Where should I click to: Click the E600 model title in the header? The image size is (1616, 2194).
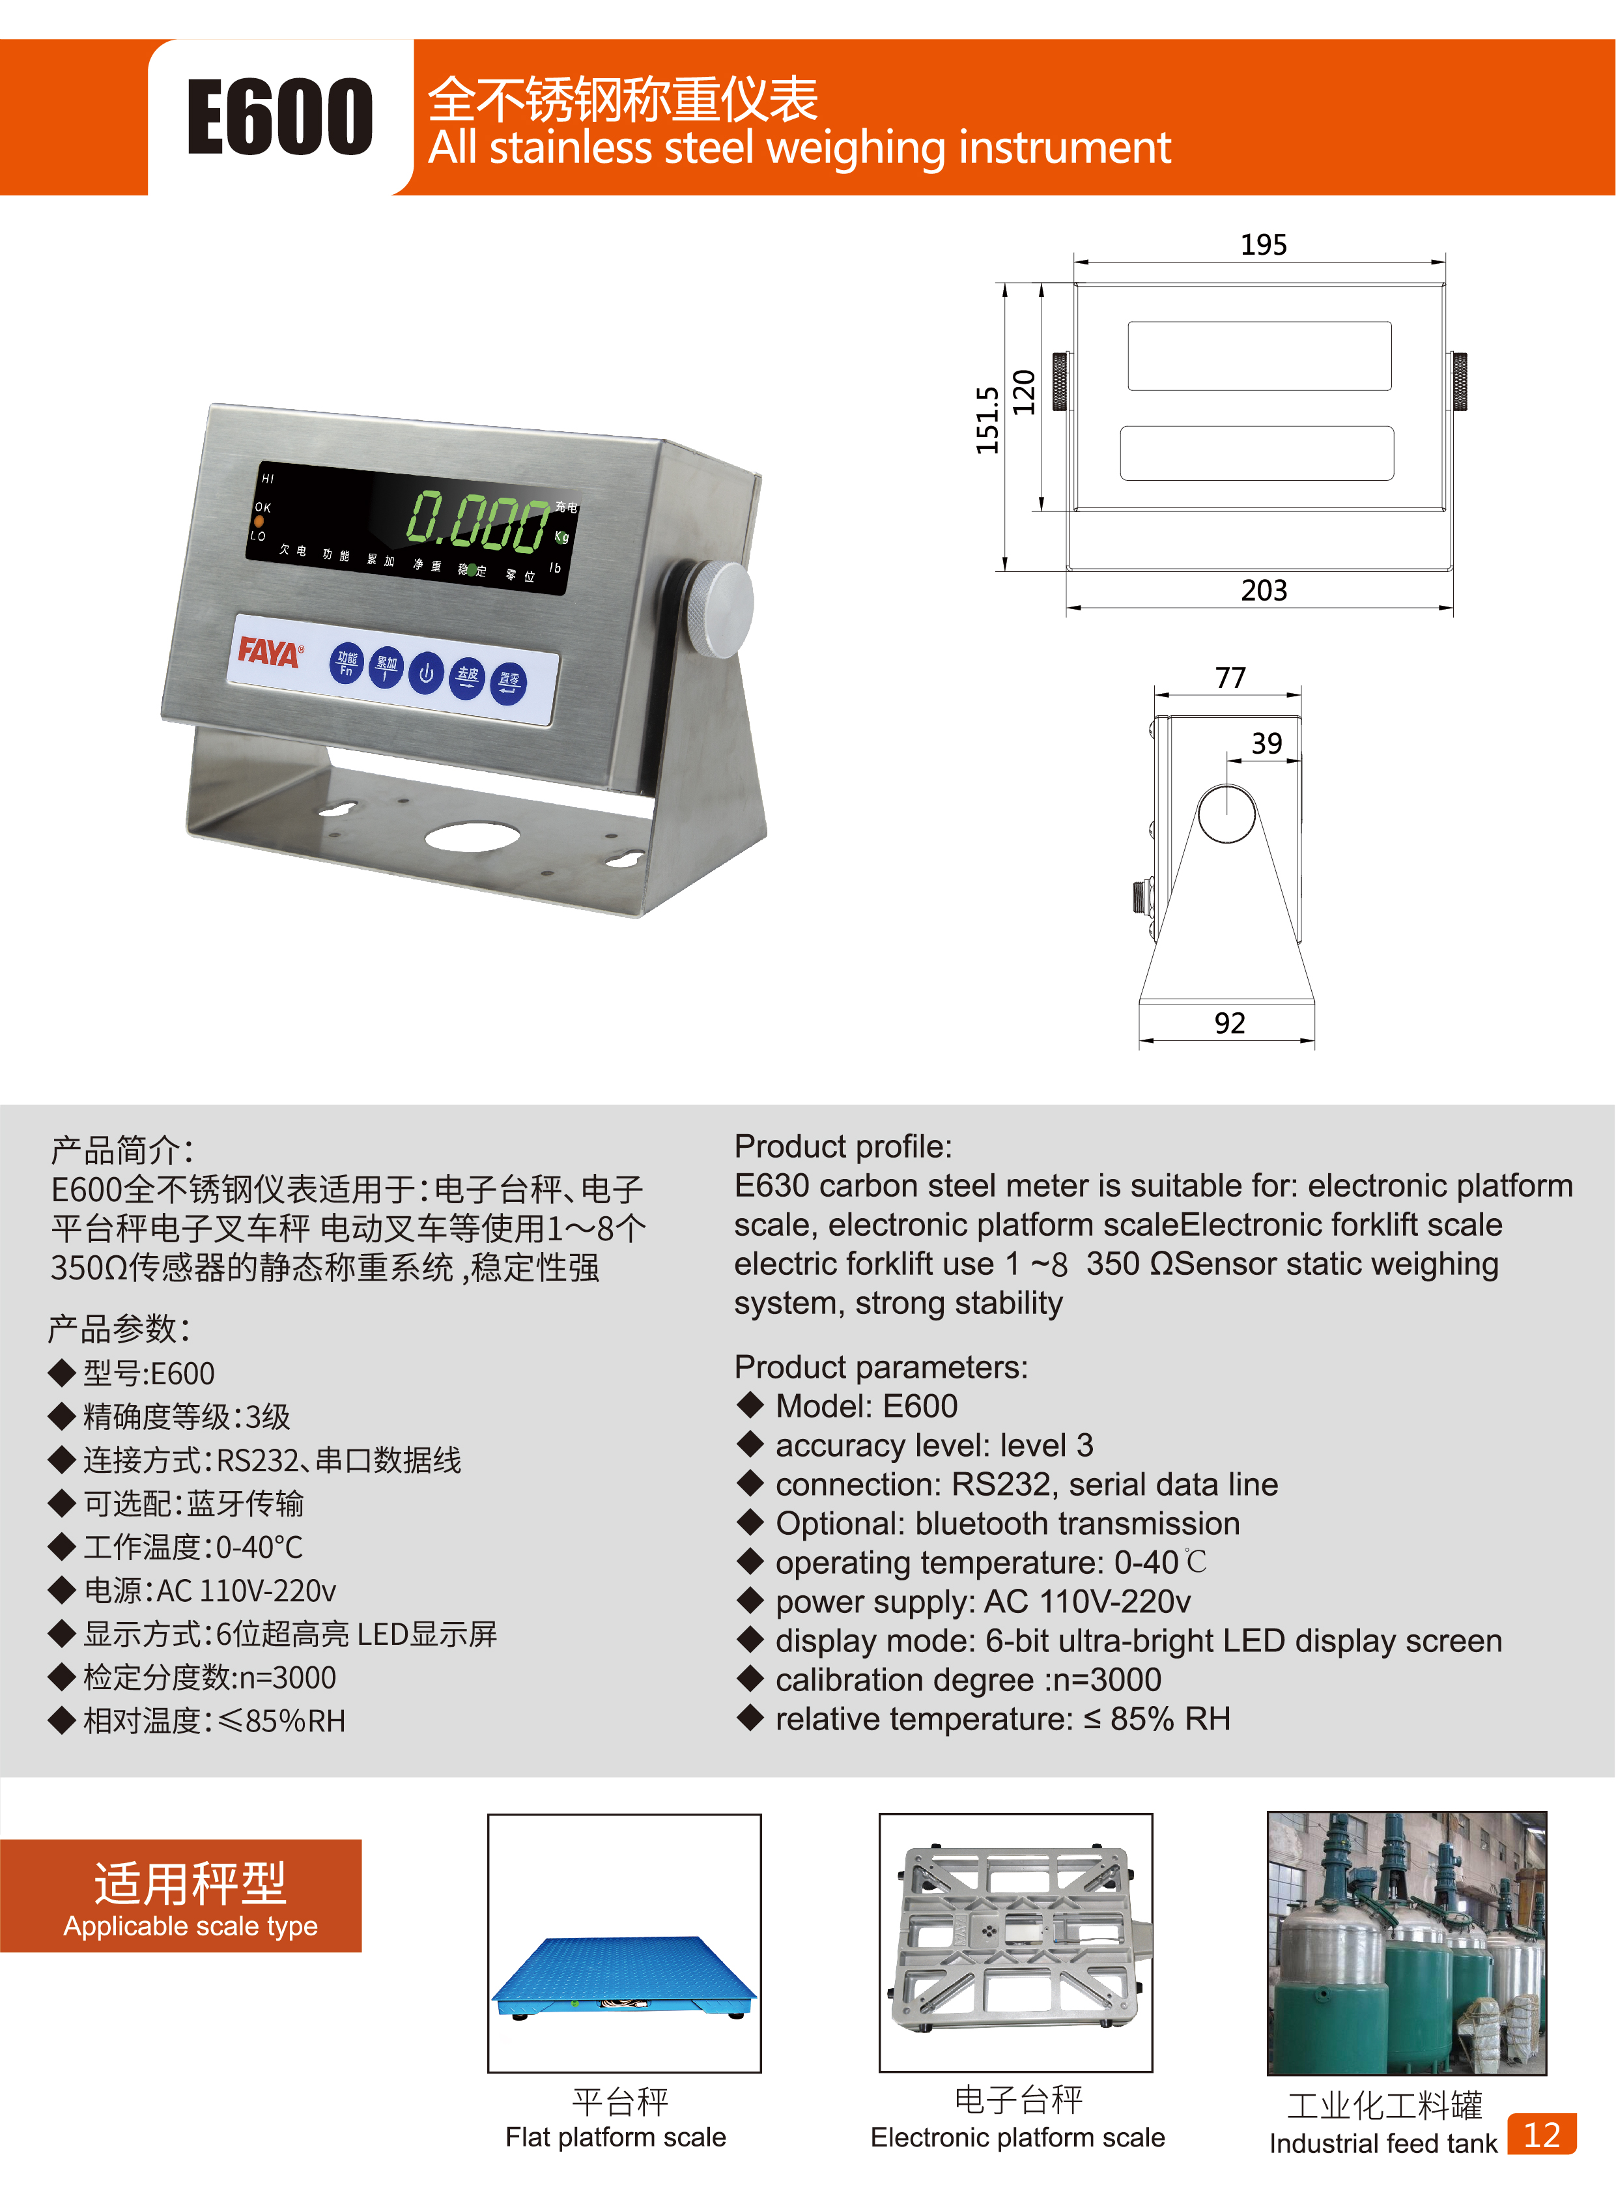pyautogui.click(x=280, y=117)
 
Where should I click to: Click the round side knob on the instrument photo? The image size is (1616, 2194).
pyautogui.click(x=721, y=607)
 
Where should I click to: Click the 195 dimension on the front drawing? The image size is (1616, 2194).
pyautogui.click(x=1263, y=244)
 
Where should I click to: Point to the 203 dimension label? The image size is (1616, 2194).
pyautogui.click(x=1264, y=591)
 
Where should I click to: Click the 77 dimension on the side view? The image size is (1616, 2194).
pyautogui.click(x=1230, y=678)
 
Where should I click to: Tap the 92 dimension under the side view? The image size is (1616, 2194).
pyautogui.click(x=1230, y=1023)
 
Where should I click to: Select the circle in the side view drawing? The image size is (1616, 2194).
pyautogui.click(x=1226, y=813)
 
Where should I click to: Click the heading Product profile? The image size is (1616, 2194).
pyautogui.click(x=842, y=1147)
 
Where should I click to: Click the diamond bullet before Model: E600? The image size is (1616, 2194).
pyautogui.click(x=750, y=1406)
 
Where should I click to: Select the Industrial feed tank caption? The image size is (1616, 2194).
pyautogui.click(x=1382, y=2143)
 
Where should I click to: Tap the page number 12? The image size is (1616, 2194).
pyautogui.click(x=1542, y=2134)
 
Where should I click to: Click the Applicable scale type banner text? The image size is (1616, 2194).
pyautogui.click(x=191, y=1926)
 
